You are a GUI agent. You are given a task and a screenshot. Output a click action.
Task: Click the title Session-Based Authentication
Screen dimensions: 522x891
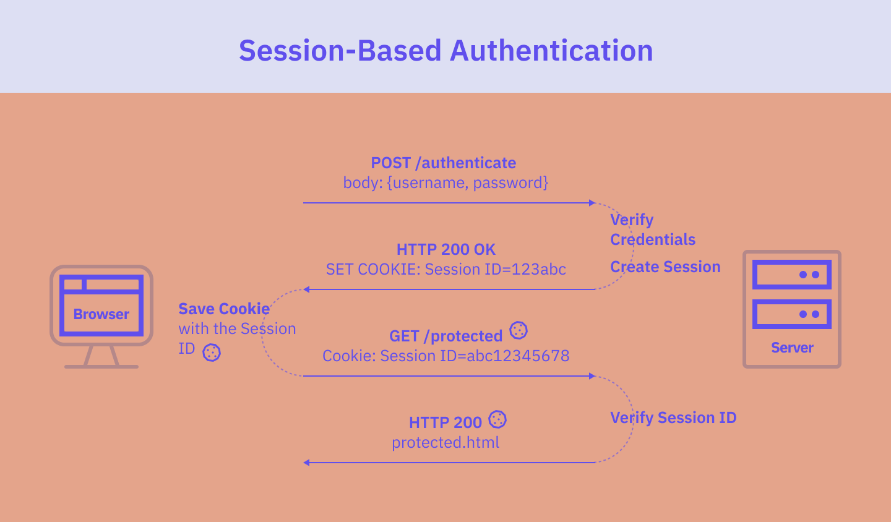tap(445, 51)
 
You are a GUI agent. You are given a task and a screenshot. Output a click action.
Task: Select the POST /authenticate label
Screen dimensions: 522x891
tap(443, 163)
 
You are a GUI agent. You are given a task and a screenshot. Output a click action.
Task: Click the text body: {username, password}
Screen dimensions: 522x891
tap(445, 183)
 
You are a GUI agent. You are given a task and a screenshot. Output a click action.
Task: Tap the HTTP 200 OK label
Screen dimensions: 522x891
tap(445, 249)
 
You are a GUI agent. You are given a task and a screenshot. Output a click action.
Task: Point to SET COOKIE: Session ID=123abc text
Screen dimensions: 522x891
tap(445, 270)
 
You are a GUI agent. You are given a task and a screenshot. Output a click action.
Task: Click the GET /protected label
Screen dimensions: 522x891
tap(445, 336)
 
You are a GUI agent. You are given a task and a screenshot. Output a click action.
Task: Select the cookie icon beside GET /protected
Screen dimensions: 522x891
tap(519, 330)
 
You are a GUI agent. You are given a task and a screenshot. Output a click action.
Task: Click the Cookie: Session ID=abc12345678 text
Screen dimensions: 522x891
tap(445, 356)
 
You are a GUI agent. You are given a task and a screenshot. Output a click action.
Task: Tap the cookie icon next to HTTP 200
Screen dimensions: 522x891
tap(497, 419)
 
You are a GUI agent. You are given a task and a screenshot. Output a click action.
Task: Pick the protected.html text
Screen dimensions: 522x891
tap(445, 443)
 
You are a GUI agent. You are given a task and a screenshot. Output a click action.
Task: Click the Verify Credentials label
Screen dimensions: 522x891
tap(652, 229)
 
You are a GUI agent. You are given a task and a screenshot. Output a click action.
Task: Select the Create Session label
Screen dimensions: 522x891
tap(665, 267)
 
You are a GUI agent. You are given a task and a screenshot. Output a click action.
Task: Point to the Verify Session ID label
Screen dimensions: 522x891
tap(673, 417)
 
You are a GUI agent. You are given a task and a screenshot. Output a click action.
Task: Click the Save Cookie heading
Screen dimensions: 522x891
tap(224, 309)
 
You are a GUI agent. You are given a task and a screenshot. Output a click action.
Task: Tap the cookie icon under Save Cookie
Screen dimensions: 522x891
tap(212, 353)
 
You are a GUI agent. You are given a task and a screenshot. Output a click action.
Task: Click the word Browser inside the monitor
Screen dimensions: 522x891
tap(101, 314)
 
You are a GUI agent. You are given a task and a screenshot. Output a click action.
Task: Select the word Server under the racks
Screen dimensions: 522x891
tap(792, 348)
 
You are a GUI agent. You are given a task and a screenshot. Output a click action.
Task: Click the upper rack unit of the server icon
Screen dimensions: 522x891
tap(792, 275)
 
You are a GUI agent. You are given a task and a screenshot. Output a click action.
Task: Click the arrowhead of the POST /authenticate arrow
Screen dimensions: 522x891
tap(592, 203)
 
